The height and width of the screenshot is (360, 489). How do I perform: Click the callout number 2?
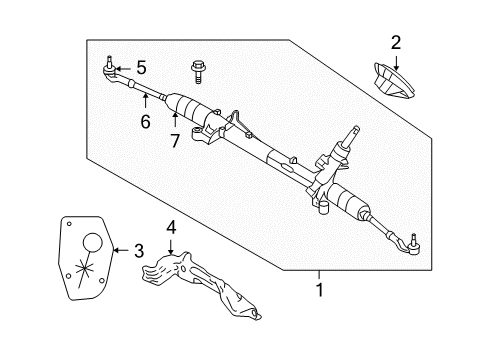point(396,42)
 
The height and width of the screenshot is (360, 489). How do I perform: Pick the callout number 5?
point(141,68)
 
